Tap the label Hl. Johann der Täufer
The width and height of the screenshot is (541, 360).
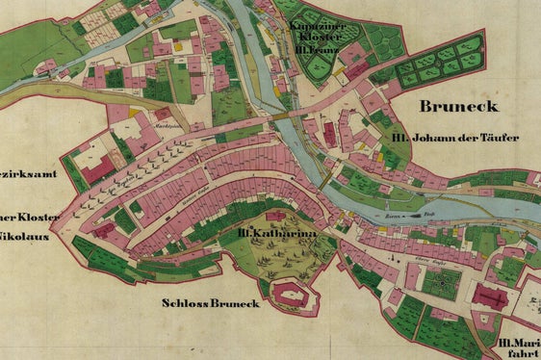(x=455, y=138)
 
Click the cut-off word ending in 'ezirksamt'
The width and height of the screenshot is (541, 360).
(x=28, y=174)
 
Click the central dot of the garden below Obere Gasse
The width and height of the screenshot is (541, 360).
(x=443, y=282)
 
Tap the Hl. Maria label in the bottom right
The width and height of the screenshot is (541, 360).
(x=519, y=343)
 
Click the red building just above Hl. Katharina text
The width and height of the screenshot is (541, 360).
(x=275, y=215)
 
